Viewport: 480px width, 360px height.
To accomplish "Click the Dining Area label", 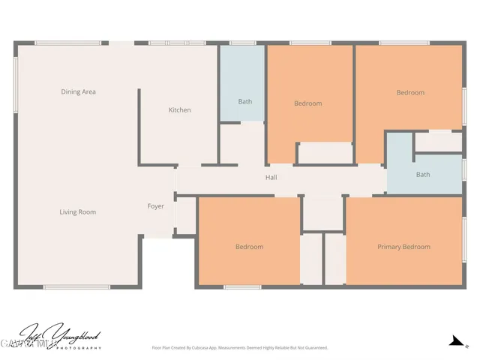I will click(x=78, y=92).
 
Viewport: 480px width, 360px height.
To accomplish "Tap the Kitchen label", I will click(x=179, y=110).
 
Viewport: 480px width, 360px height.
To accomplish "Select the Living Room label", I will click(x=78, y=212).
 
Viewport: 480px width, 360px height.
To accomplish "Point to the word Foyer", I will click(x=155, y=206).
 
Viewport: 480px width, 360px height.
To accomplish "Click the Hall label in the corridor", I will click(x=271, y=178).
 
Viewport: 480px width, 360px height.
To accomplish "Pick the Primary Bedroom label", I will click(x=403, y=247).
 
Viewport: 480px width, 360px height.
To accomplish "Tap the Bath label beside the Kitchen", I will click(x=245, y=101).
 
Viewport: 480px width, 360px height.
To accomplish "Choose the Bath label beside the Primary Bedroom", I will click(x=423, y=175).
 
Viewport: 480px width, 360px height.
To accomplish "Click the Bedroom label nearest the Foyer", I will click(x=249, y=247).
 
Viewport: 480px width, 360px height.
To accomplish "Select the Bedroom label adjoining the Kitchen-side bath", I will click(x=307, y=103).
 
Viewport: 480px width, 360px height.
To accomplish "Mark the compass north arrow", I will click(x=454, y=341).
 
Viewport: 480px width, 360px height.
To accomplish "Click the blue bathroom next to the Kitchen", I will click(x=241, y=82).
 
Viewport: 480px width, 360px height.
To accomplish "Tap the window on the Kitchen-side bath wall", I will click(x=241, y=43).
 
